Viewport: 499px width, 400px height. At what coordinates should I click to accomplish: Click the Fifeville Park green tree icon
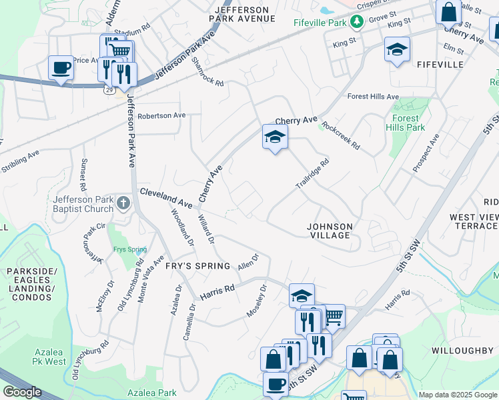(x=357, y=22)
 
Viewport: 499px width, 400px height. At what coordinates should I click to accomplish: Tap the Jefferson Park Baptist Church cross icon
(x=122, y=202)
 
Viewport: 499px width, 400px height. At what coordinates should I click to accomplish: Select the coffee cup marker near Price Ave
(x=61, y=68)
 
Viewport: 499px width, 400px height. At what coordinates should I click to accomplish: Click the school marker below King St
(x=397, y=49)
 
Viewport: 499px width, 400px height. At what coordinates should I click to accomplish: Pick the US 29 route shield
(x=107, y=89)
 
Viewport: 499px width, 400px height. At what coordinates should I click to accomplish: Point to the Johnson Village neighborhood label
(x=329, y=231)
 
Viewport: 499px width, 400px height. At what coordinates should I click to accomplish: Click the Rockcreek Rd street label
(x=340, y=135)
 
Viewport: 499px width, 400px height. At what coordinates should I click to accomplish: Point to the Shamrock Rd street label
(x=207, y=71)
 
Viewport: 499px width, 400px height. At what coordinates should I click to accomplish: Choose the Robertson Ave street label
(x=161, y=115)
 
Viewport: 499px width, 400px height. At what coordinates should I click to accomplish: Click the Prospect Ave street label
(x=426, y=153)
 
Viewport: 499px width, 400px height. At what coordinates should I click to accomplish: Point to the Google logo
(x=22, y=392)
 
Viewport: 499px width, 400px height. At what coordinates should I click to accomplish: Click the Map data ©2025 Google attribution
(x=458, y=395)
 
